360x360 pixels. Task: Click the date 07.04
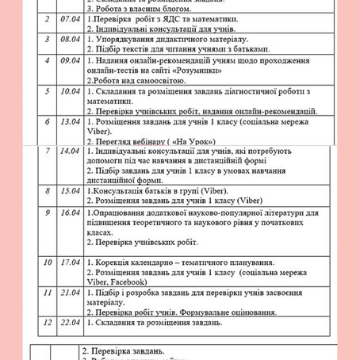[x=66, y=17]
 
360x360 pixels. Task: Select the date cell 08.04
[x=66, y=38]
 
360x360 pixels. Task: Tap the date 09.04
[x=66, y=59]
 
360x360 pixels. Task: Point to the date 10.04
[x=66, y=91]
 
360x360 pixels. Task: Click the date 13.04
[x=66, y=123]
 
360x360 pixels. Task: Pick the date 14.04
[x=66, y=151]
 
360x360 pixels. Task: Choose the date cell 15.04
[x=66, y=191]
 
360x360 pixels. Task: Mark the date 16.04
[x=66, y=213]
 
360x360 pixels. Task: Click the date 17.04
[x=66, y=262]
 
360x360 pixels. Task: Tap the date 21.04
[x=66, y=293]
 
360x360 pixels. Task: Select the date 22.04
[x=66, y=324]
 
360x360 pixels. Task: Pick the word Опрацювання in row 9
[x=124, y=213]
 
